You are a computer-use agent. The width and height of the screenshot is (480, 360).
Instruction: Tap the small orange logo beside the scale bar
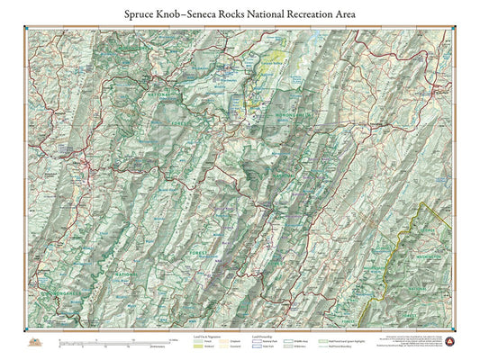pyautogui.click(x=36, y=343)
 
